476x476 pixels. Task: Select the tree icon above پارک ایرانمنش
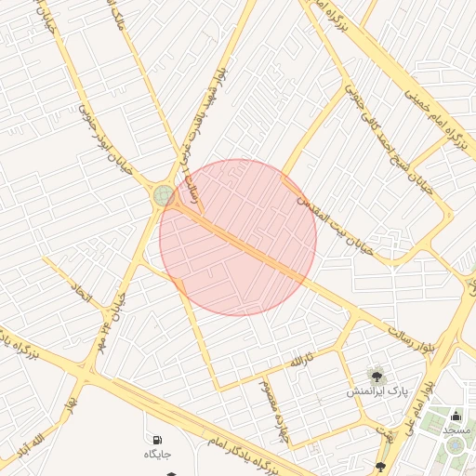tap(377, 376)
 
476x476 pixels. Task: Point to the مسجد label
tap(456, 430)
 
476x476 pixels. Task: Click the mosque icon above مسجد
tap(456, 415)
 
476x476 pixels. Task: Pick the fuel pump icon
tap(154, 438)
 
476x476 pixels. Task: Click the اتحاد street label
tap(83, 296)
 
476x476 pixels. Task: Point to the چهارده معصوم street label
tap(269, 394)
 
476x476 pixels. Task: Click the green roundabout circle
tap(164, 195)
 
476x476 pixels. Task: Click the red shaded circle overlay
tap(238, 237)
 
